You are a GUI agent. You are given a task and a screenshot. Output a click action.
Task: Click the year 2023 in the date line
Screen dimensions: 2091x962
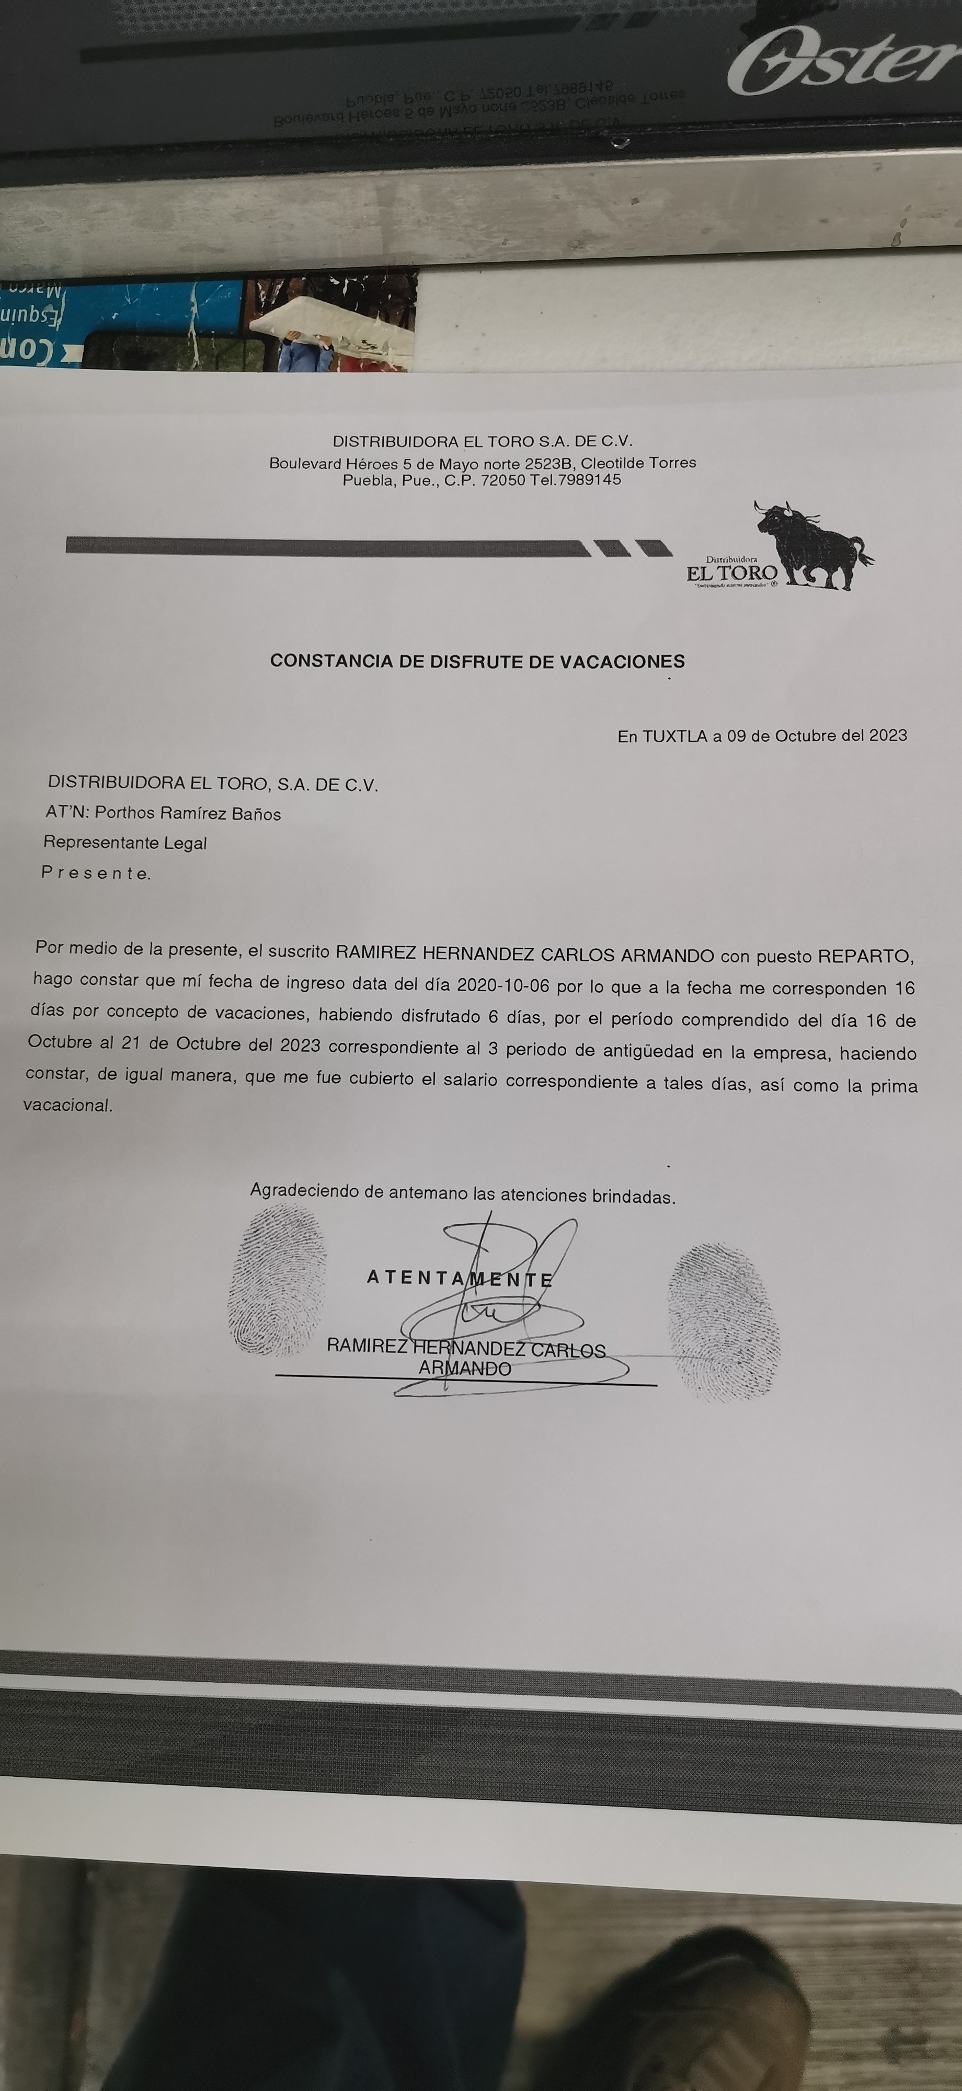click(888, 736)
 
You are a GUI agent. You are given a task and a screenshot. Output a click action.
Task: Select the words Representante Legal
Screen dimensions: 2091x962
click(125, 843)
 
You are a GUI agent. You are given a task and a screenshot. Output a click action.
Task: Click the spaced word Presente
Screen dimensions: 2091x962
click(96, 874)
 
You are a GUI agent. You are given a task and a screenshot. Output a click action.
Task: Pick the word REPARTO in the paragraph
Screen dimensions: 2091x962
click(865, 957)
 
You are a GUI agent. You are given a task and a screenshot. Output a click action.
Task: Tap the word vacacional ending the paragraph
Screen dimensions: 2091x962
click(68, 1105)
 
